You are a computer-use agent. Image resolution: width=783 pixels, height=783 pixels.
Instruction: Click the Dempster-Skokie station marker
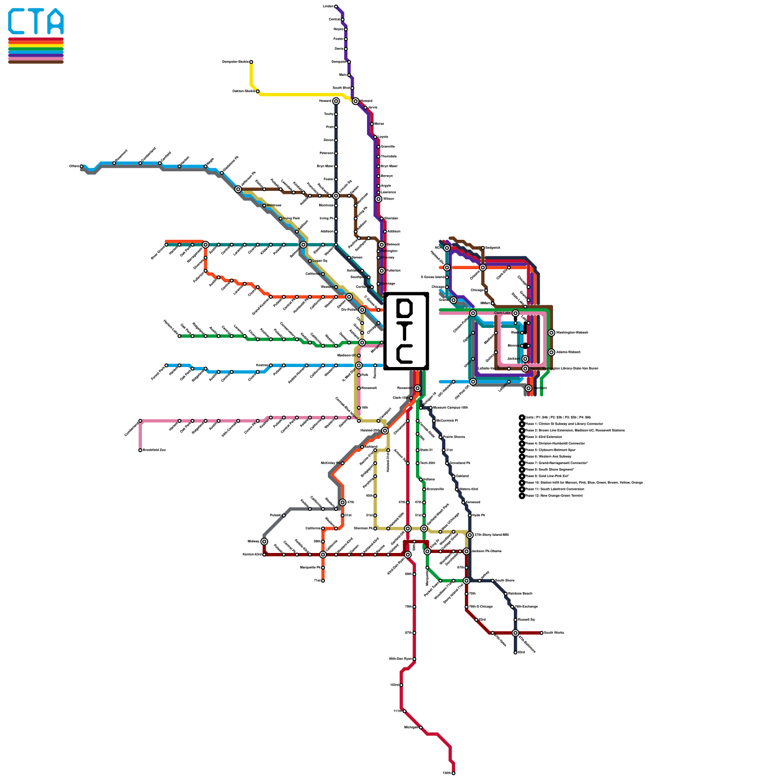(251, 62)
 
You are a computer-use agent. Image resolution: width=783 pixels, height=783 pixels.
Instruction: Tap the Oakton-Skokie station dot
(258, 91)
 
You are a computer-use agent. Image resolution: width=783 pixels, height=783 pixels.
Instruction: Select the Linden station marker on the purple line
(336, 6)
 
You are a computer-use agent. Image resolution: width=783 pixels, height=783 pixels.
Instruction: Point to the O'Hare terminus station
(81, 166)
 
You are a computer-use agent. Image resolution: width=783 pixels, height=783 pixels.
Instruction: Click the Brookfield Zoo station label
(154, 450)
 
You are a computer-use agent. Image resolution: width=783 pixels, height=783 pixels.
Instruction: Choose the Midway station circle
(264, 541)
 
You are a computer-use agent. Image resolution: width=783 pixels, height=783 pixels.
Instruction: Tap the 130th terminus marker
(454, 773)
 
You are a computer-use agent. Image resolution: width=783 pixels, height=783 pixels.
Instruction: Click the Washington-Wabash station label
(572, 333)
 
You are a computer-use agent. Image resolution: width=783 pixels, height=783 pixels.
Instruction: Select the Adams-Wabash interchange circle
(552, 352)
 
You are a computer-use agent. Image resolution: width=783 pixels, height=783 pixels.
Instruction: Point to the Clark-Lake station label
(502, 313)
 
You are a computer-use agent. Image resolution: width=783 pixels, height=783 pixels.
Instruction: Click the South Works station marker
(542, 633)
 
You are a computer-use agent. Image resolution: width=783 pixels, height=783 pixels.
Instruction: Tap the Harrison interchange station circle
(529, 388)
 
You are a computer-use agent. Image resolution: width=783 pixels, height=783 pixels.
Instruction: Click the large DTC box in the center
(406, 331)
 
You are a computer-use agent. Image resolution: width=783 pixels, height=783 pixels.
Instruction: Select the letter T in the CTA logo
(36, 22)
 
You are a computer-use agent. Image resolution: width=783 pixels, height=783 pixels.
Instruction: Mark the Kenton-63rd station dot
(264, 554)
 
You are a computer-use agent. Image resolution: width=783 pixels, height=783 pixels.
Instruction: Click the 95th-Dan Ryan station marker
(415, 659)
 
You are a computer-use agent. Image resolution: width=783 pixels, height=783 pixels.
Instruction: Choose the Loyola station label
(383, 137)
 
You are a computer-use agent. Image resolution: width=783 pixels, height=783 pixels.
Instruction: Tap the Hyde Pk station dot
(470, 515)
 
